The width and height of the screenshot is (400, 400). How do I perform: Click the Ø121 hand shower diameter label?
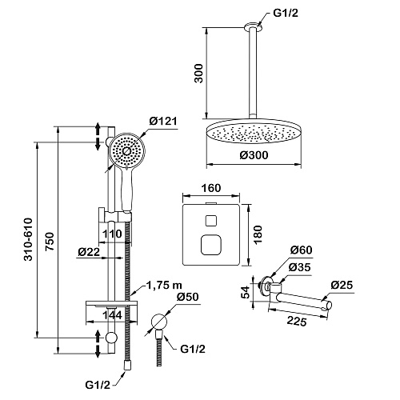coord(163,122)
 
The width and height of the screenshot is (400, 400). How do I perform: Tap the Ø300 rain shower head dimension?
coord(254,155)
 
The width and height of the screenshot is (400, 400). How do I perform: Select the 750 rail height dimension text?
coord(50,242)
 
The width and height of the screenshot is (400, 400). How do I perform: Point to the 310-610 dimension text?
coord(28,239)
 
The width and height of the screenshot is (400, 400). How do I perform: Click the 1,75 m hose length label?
coord(164,285)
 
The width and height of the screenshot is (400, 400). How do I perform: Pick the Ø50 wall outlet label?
coord(187,297)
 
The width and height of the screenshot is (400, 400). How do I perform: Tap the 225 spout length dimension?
coord(297,321)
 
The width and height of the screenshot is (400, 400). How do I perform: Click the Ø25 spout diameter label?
coord(342,285)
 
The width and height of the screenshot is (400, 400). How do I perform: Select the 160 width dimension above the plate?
coord(211,188)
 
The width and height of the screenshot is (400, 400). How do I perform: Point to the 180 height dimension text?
coord(258,234)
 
